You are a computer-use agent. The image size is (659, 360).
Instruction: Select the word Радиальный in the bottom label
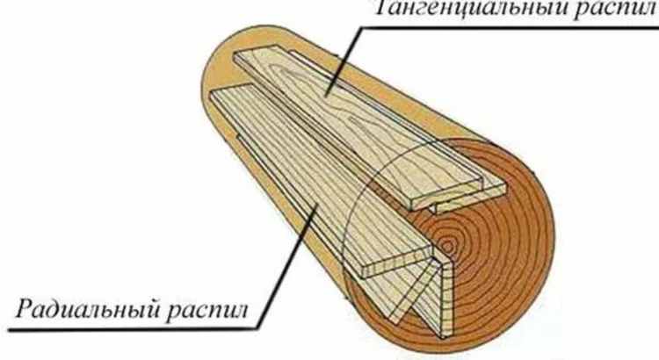87,309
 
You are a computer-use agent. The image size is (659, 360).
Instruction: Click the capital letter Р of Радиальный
25,308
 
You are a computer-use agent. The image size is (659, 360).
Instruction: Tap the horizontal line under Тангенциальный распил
509,27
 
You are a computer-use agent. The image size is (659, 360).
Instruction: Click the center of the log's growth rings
446,246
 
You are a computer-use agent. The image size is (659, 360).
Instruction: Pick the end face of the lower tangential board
471,202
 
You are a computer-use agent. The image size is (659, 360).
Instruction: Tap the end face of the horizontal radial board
397,263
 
